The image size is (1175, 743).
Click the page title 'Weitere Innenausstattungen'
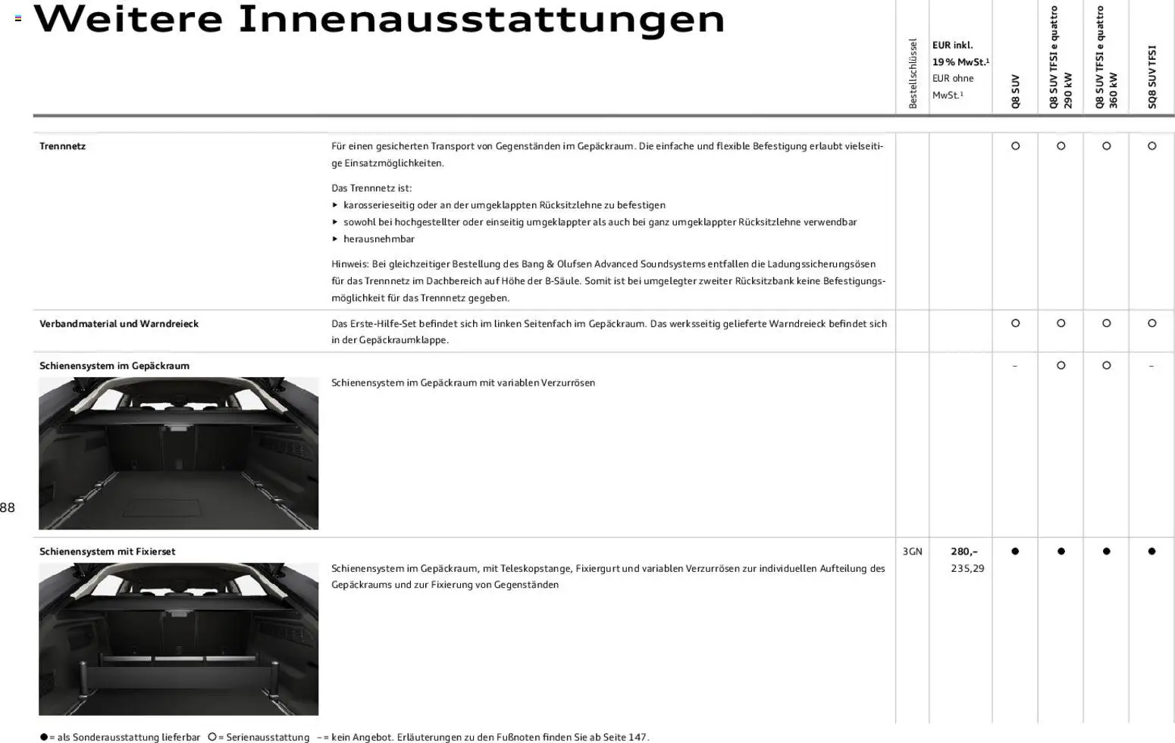(379, 20)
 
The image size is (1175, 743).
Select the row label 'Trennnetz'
(62, 146)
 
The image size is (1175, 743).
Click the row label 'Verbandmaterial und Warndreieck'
(119, 323)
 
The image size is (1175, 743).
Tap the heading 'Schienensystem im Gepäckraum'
(114, 366)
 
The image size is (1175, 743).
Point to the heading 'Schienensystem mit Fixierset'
(107, 552)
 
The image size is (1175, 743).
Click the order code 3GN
(912, 552)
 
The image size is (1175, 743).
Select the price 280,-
(963, 552)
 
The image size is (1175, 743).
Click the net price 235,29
(967, 569)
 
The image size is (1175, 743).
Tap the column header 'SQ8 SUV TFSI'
(1151, 77)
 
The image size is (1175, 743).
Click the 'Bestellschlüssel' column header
(913, 73)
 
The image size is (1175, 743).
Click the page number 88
(8, 508)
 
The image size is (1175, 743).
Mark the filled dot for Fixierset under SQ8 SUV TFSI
(1151, 552)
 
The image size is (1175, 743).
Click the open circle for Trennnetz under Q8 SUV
(1015, 146)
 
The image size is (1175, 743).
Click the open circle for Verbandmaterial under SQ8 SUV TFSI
(1151, 323)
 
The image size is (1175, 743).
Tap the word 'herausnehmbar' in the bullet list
(378, 239)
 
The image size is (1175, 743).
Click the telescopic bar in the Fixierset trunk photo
(178, 659)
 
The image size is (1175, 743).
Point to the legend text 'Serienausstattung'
(267, 738)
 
